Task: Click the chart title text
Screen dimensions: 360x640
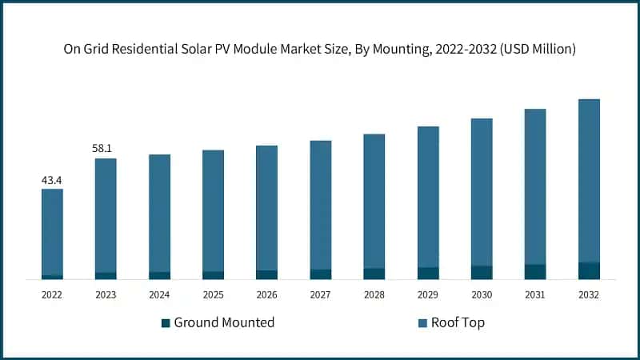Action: (x=320, y=49)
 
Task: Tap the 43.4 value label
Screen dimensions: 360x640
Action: (x=52, y=180)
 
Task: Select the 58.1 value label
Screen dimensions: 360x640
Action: (x=106, y=149)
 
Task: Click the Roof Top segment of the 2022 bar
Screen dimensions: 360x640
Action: (x=52, y=232)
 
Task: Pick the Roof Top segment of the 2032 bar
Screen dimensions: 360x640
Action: (x=589, y=180)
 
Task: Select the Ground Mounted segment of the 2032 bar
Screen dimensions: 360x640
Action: (x=589, y=271)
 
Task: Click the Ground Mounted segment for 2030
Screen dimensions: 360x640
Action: (x=482, y=273)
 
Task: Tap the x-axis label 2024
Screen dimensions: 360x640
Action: (x=159, y=295)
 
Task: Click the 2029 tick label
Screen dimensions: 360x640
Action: (x=428, y=295)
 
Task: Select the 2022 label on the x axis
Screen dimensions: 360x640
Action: (x=52, y=295)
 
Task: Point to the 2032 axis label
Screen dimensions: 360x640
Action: (x=589, y=295)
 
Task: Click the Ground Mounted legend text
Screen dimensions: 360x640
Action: (x=224, y=322)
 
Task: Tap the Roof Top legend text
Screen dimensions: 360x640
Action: (x=458, y=322)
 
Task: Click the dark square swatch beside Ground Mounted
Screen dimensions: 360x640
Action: (x=166, y=323)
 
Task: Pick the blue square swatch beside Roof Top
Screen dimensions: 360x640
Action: (x=422, y=323)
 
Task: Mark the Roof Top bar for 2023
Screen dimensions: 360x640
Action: (x=106, y=215)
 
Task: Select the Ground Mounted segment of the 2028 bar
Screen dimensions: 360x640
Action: (x=374, y=274)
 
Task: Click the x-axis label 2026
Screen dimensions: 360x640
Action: (x=266, y=295)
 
